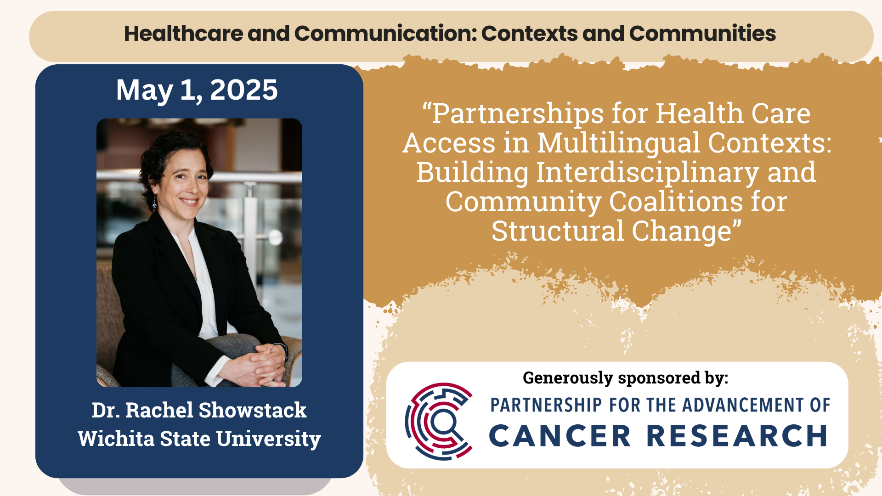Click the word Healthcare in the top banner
coord(183,34)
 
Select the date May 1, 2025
coord(197,90)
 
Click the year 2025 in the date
coord(243,90)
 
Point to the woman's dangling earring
coord(155,202)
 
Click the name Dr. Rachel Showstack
coord(199,410)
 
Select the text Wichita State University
coord(199,439)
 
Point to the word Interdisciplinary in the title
coord(647,172)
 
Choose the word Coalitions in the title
coord(676,202)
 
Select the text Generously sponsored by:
coord(626,378)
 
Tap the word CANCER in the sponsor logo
coord(560,436)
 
